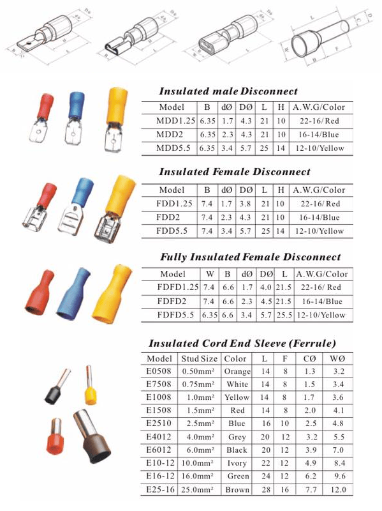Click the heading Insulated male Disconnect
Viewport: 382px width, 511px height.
[228, 91]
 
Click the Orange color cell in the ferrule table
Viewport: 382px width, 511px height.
[237, 370]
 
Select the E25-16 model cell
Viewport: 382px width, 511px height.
[159, 490]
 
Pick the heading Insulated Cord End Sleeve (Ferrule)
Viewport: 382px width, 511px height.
[242, 343]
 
